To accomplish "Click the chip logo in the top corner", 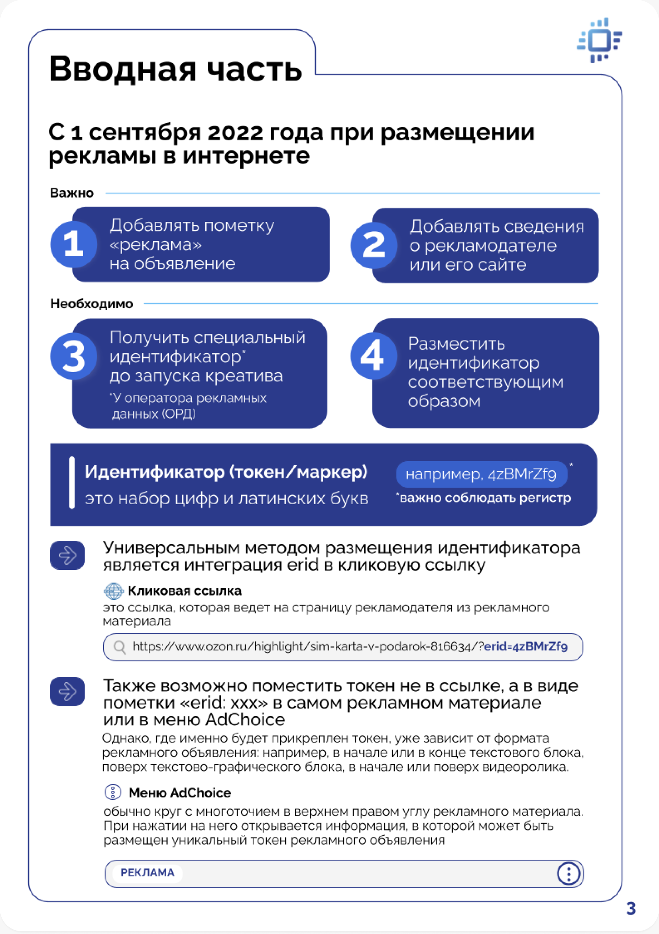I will [x=599, y=40].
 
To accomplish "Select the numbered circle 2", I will [x=374, y=245].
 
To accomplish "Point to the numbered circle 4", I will [x=373, y=356].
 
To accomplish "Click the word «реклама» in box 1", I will [x=156, y=245].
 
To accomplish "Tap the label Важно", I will [x=72, y=193].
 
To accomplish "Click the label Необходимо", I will [x=91, y=304].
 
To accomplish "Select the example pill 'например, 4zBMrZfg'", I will [x=481, y=474].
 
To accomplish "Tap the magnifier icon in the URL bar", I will [x=119, y=647].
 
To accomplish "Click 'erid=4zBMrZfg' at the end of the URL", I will [x=526, y=646].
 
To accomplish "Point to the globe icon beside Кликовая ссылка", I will [x=114, y=591].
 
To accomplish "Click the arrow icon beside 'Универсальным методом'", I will [x=67, y=555].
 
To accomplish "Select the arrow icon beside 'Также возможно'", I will [x=67, y=691].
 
